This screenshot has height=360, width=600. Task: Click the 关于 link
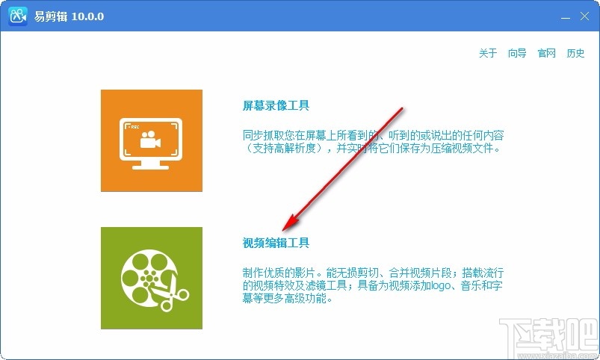tap(488, 54)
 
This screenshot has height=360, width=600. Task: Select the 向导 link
tap(517, 54)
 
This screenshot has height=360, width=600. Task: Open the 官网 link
tap(547, 54)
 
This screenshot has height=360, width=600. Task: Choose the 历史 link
tap(575, 54)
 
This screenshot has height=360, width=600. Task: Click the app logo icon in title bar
tap(18, 16)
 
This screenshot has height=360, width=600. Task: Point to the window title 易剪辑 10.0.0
tap(67, 16)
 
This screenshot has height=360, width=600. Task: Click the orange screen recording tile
tap(152, 140)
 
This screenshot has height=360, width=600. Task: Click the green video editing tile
tap(152, 278)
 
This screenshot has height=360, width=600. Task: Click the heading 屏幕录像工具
tap(276, 106)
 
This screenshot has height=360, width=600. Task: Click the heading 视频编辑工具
tap(276, 243)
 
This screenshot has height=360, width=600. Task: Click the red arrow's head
tap(287, 226)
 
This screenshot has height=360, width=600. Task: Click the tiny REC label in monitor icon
tap(134, 127)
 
